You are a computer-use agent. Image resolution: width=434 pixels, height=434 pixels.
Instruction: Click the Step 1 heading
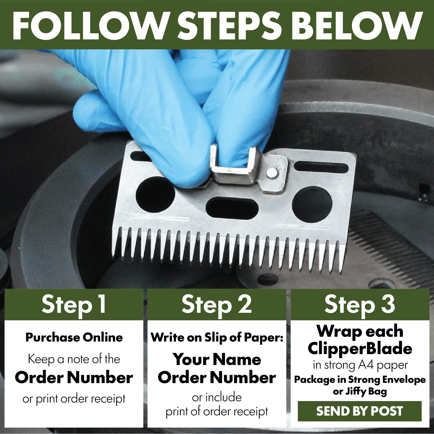(74, 305)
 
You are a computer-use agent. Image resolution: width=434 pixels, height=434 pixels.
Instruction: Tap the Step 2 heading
(216, 305)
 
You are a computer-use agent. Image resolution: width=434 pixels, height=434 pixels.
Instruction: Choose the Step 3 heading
(360, 305)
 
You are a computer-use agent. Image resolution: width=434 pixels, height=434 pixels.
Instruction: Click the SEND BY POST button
(360, 411)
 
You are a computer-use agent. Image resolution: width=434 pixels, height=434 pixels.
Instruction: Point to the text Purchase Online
(74, 338)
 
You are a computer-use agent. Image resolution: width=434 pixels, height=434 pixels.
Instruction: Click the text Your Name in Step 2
(217, 359)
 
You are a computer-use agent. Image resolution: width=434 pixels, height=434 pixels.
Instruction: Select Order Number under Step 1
(74, 378)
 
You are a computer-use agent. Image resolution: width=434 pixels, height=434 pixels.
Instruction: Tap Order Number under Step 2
(217, 378)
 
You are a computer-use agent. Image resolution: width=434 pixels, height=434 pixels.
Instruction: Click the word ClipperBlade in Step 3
(360, 349)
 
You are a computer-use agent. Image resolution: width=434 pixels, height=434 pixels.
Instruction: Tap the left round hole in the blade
(155, 197)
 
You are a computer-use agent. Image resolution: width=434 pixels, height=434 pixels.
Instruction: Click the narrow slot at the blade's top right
(321, 167)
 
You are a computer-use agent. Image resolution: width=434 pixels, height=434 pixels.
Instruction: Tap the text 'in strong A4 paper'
(360, 365)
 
